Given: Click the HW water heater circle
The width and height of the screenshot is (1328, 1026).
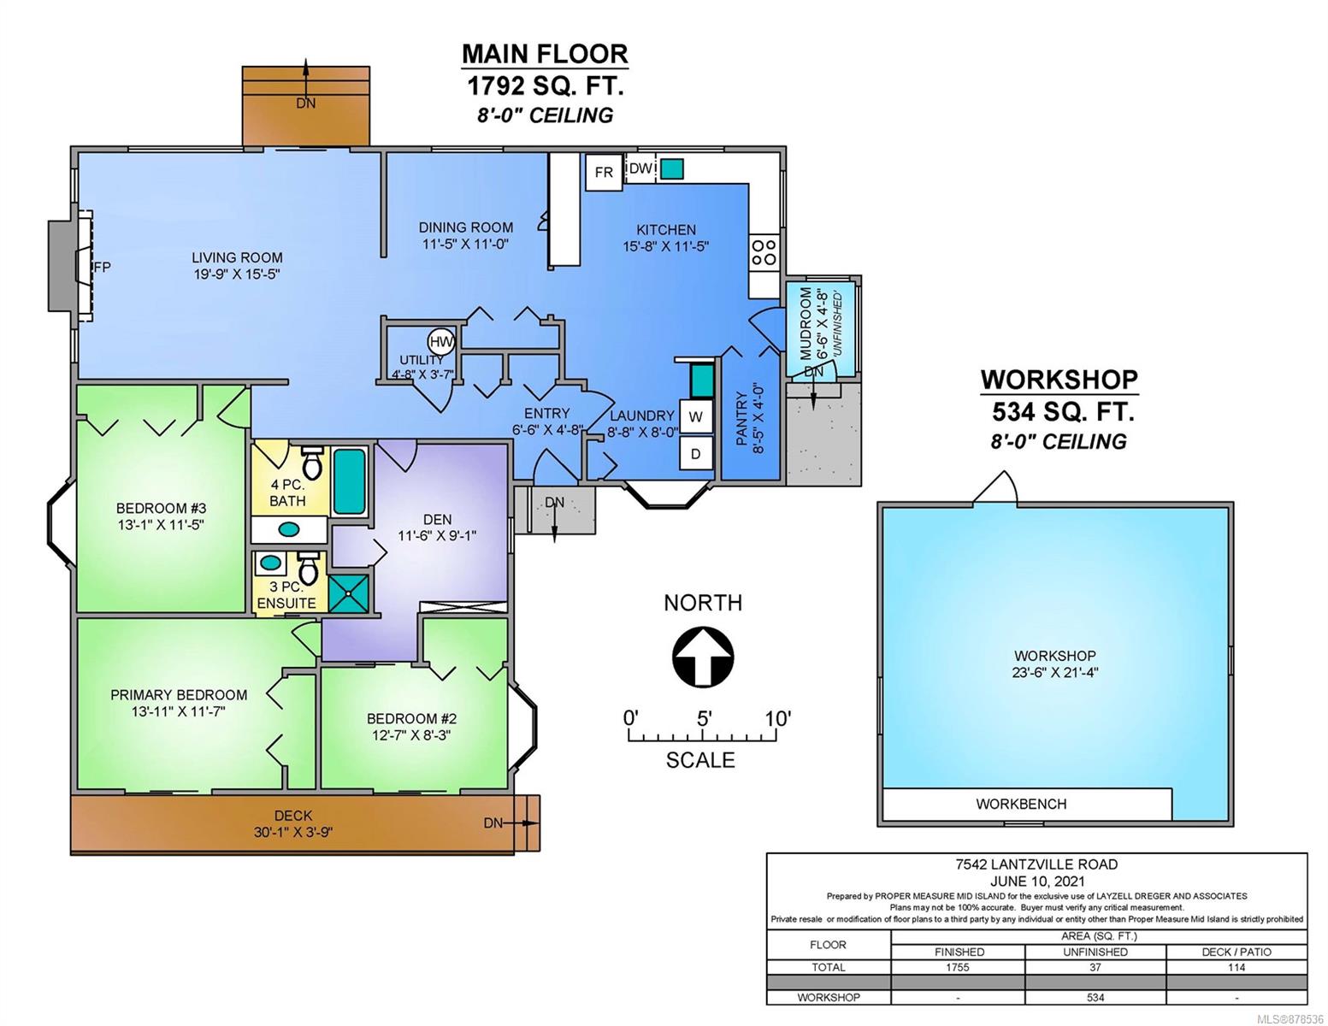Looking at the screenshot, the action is pos(441,342).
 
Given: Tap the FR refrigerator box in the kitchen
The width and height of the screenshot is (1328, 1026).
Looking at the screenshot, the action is pos(603,172).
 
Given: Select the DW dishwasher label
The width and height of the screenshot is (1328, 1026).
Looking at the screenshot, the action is pos(640,168).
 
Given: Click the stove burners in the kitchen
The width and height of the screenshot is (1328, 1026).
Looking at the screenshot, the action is pos(764,251).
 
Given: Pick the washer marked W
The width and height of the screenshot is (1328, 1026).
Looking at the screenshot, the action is pos(695,416).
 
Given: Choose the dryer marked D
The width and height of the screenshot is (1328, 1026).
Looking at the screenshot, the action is pos(695,453).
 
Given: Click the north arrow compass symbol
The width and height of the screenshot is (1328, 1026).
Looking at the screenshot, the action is pos(703,657).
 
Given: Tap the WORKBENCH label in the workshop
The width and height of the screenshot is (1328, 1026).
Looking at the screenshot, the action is pos(1021,805).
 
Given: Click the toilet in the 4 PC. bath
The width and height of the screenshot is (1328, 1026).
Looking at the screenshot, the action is pos(312,463).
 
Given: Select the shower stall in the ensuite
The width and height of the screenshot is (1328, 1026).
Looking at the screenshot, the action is pos(349,593).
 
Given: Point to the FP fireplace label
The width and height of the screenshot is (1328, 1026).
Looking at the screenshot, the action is pos(102,267).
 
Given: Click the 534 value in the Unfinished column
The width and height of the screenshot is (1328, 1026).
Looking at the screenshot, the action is pos(1095,998).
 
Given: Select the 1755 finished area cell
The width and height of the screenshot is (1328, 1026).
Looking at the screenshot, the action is pos(957,967).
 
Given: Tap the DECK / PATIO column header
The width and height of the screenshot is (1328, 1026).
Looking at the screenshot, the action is pos(1236,952).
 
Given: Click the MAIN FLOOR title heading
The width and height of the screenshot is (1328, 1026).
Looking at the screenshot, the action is pos(545,54).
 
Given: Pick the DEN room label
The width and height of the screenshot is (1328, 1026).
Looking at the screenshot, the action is pos(437,520).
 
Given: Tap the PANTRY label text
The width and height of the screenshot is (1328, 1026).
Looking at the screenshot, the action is pos(741,419).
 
